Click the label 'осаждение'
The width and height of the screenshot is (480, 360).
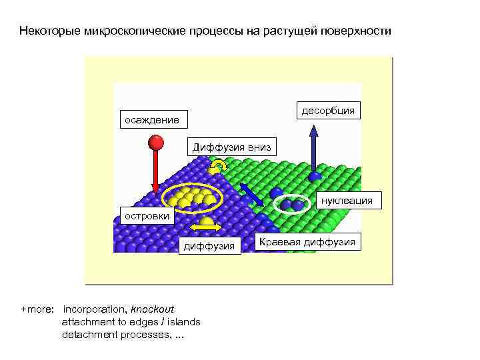151,120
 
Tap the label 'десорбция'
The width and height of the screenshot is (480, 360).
328,110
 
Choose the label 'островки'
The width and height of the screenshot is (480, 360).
145,215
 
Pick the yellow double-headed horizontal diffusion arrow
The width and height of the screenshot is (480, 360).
205,227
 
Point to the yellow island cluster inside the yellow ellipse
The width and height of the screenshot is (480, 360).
191,196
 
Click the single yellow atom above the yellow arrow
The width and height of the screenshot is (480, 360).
207,220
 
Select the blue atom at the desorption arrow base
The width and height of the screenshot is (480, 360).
315,176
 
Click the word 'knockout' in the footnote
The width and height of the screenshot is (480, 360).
152,309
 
